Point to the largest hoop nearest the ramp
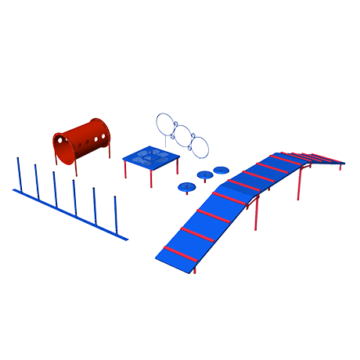pyautogui.click(x=201, y=146)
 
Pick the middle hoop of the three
pyautogui.click(x=184, y=137)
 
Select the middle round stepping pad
pyautogui.click(x=205, y=175)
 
